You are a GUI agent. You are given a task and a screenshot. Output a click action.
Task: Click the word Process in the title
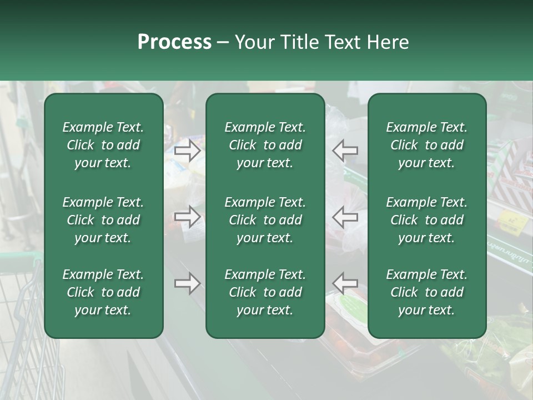[174, 42]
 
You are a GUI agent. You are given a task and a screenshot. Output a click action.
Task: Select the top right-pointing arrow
[187, 150]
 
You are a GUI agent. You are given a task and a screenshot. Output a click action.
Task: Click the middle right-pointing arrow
[187, 217]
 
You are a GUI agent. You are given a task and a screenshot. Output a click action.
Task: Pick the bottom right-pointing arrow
[187, 283]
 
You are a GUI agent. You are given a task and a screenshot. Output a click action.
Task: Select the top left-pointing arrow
[345, 150]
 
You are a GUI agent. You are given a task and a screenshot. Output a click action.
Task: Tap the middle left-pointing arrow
[345, 217]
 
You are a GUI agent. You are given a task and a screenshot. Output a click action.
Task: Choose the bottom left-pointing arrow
[345, 283]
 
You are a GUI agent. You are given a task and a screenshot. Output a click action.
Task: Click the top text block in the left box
[103, 145]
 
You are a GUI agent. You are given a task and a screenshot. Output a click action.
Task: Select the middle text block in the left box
[103, 220]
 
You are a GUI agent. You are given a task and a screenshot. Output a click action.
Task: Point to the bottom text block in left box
[103, 292]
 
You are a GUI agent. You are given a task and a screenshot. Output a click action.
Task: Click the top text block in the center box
[265, 145]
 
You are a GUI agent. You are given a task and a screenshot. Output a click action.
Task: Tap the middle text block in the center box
[265, 220]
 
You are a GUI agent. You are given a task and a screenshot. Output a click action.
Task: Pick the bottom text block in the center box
[265, 292]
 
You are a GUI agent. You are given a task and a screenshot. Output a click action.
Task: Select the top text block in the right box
[426, 145]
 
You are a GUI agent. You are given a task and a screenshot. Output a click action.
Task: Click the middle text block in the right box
[426, 220]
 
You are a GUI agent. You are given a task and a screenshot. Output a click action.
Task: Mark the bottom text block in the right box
[426, 292]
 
